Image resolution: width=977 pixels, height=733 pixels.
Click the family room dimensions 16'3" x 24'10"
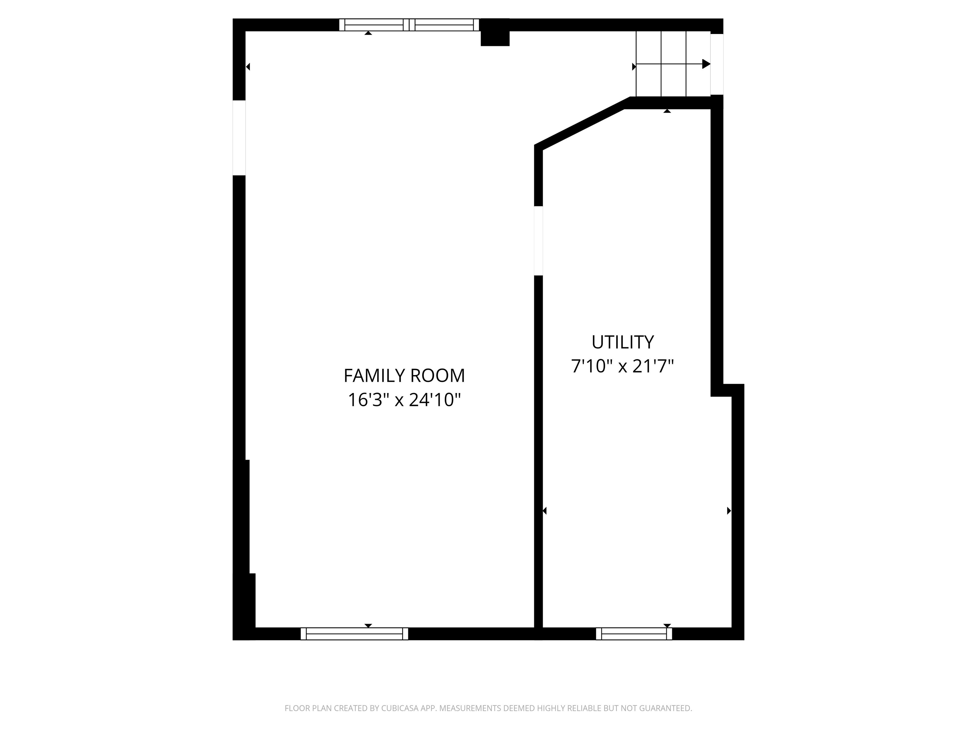tap(404, 400)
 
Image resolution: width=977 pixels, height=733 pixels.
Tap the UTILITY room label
tap(622, 342)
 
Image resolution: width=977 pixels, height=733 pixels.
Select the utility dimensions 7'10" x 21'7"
tap(622, 366)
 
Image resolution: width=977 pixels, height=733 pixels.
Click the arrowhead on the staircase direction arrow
tap(706, 64)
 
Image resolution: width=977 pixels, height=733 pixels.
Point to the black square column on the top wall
tap(495, 32)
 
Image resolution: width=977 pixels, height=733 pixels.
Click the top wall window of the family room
tap(409, 25)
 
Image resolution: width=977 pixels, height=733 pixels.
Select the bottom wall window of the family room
tap(354, 634)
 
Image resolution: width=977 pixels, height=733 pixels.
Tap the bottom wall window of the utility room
tap(634, 634)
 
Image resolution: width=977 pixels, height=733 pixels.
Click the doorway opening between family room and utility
tap(538, 241)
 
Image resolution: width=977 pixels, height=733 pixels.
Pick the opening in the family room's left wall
tap(239, 138)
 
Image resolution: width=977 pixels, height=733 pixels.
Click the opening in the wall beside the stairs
tap(717, 64)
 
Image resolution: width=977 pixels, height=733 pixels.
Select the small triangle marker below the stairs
tap(667, 111)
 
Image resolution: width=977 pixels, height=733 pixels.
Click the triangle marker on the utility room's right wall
tap(729, 511)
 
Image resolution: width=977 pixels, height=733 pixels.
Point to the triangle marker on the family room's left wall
tap(248, 67)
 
